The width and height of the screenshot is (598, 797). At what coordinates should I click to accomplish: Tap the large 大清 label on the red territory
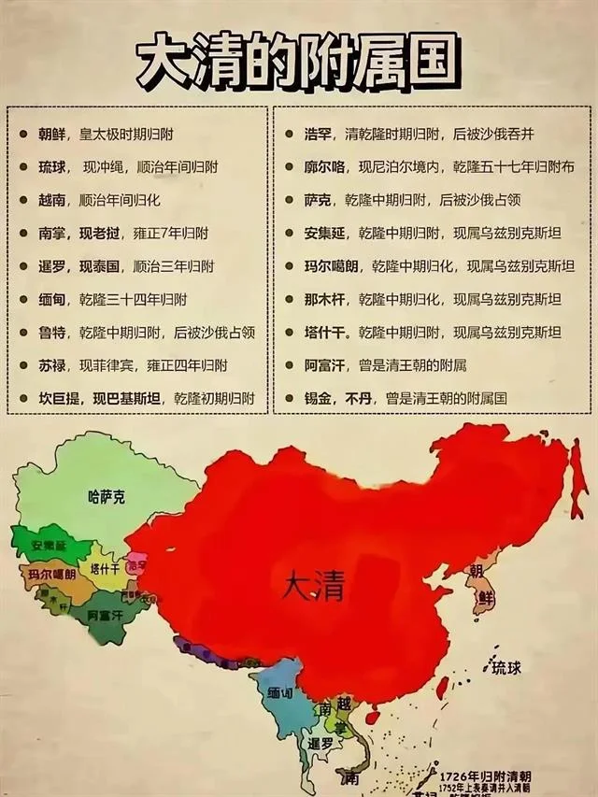pos(313,587)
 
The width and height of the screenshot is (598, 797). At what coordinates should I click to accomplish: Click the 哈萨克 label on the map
pos(105,496)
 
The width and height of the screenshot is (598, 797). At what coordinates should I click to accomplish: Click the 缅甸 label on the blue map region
pos(281,695)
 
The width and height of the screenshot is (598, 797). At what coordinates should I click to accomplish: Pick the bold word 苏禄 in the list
pos(52,365)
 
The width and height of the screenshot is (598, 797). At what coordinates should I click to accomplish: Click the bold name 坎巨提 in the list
pos(59,398)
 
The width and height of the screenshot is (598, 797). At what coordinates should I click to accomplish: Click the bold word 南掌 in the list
pos(52,233)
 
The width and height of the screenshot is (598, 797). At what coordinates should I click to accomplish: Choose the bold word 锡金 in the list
pos(318,398)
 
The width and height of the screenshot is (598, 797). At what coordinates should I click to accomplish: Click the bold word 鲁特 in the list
pos(52,332)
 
